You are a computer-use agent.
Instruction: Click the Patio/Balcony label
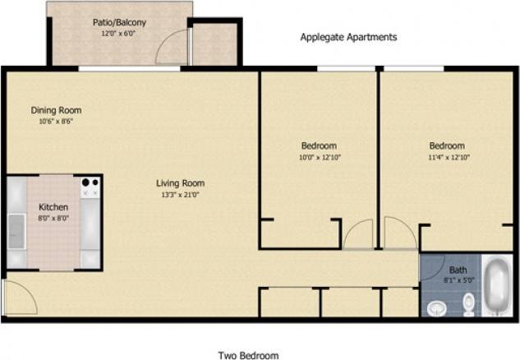click(x=120, y=23)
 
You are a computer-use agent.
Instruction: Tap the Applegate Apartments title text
click(x=348, y=37)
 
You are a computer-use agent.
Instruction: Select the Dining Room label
click(x=56, y=110)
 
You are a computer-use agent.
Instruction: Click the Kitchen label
click(x=53, y=208)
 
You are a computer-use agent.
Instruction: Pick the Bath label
click(x=458, y=270)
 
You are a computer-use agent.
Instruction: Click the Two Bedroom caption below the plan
click(x=248, y=356)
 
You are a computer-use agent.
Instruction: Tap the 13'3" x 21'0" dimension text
click(x=181, y=195)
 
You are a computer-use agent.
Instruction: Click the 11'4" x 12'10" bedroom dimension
click(x=447, y=157)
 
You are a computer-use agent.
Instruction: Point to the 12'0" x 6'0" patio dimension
click(x=120, y=35)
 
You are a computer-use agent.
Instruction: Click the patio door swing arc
click(x=173, y=48)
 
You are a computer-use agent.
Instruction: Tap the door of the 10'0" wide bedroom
click(x=358, y=235)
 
